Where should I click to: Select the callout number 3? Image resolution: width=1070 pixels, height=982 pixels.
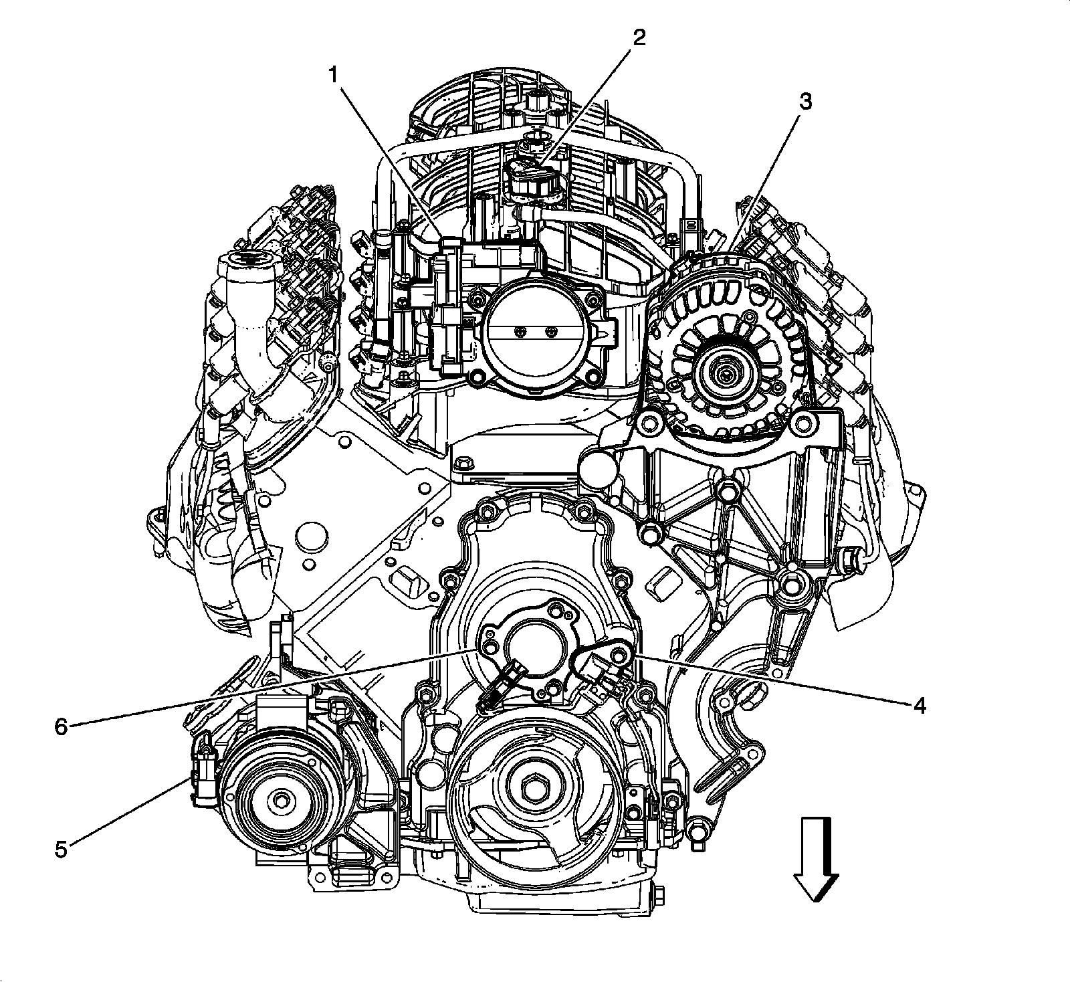(805, 102)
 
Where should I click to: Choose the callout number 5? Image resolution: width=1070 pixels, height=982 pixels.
(61, 850)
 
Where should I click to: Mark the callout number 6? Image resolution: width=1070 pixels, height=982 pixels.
(61, 727)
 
